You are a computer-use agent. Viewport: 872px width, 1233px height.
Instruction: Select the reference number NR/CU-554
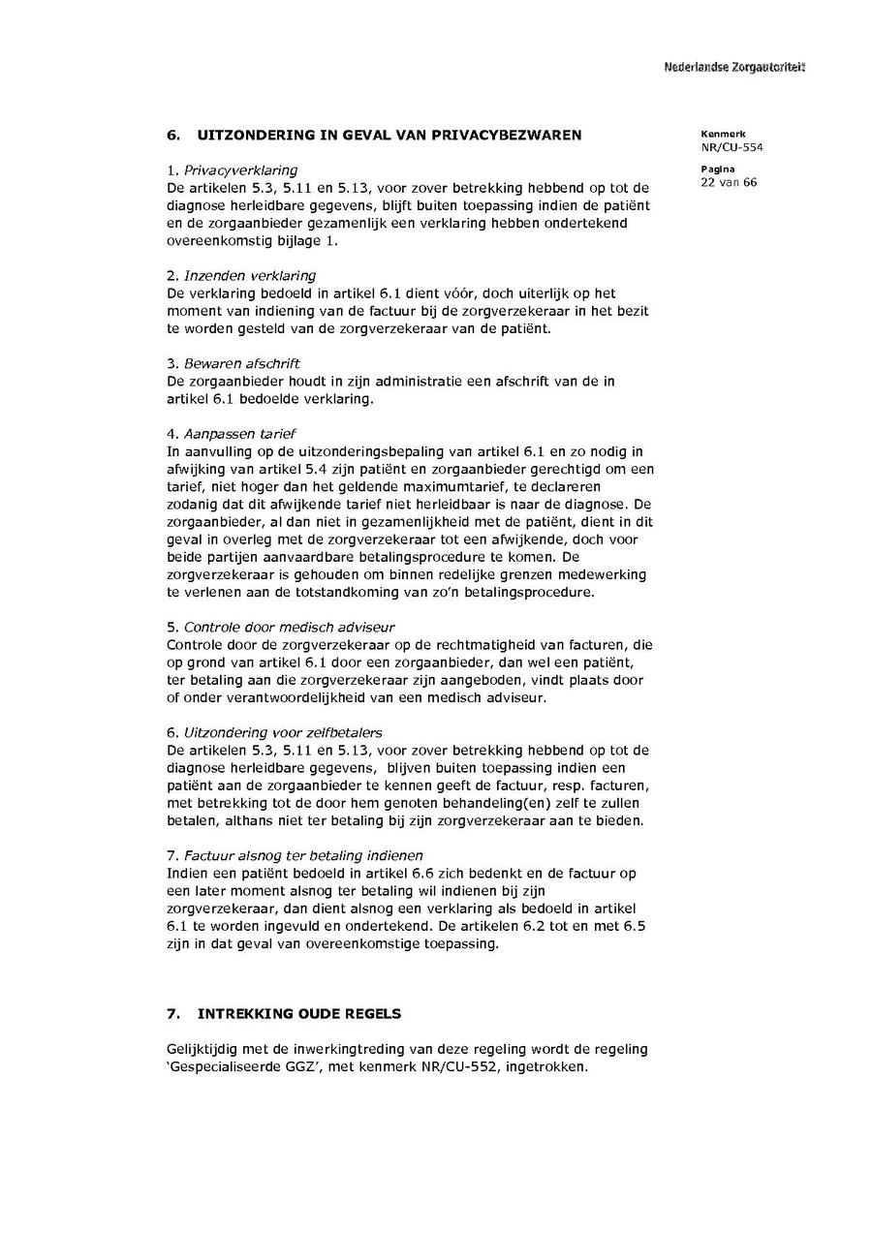(732, 147)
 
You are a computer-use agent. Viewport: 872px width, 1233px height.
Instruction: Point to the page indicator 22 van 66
(729, 182)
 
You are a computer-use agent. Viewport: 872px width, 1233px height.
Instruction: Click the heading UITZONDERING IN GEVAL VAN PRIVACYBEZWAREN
(389, 135)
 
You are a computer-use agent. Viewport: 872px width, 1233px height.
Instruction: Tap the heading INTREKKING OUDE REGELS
(298, 1014)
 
